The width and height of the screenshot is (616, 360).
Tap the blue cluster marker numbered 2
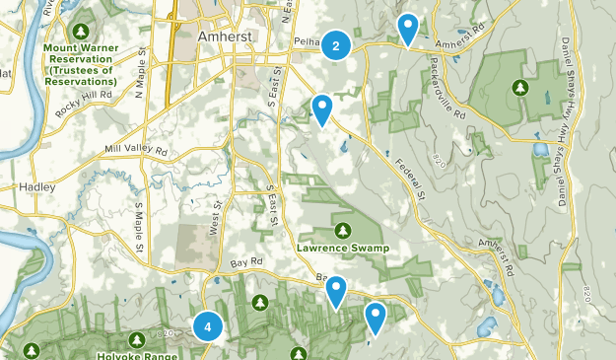pos(337,45)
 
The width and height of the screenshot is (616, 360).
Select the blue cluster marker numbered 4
pos(208,326)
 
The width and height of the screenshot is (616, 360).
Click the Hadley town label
pos(37,185)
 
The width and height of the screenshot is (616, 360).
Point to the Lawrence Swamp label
pos(342,248)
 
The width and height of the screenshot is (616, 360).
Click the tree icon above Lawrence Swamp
pos(342,231)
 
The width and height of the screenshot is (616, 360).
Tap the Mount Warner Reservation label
pos(80,63)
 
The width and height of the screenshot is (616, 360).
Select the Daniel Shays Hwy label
pos(569,74)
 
